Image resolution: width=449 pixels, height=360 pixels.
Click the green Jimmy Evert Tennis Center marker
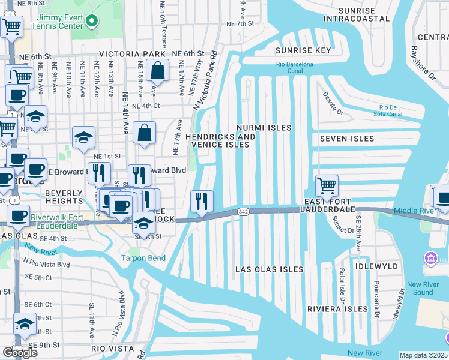pyautogui.click(x=91, y=22)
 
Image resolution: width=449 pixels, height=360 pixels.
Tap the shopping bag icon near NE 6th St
pyautogui.click(x=157, y=72)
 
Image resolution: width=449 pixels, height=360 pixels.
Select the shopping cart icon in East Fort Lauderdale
pyautogui.click(x=327, y=186)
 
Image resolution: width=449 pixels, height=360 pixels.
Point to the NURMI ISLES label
pyautogui.click(x=264, y=128)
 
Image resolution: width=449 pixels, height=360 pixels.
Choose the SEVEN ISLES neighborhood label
pyautogui.click(x=346, y=139)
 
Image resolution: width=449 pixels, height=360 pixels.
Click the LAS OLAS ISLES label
pyautogui.click(x=269, y=269)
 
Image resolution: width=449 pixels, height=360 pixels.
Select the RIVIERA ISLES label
pyautogui.click(x=337, y=309)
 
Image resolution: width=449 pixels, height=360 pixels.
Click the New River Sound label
pyautogui.click(x=419, y=289)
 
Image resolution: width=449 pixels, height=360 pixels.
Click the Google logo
pyautogui.click(x=20, y=353)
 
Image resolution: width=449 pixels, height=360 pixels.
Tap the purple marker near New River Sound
pyautogui.click(x=431, y=259)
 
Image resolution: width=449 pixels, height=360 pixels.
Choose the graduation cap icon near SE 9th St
pyautogui.click(x=25, y=325)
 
